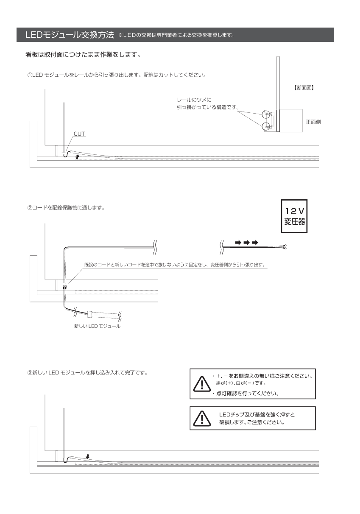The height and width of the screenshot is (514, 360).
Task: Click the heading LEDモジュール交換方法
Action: point(70,34)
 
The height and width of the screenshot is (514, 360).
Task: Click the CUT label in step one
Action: point(80,134)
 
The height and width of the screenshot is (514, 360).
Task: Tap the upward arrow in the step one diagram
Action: point(77,156)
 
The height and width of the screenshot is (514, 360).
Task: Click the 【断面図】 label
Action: point(304,88)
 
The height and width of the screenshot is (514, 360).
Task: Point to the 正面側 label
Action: point(313,122)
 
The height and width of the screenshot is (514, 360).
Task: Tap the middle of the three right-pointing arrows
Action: point(246,243)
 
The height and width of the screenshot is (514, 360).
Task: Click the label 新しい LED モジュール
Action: point(97,327)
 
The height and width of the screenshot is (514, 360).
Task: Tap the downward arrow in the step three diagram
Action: point(87,457)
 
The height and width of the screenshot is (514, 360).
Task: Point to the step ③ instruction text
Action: point(87,373)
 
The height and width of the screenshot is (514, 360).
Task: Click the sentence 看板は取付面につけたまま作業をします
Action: point(83,56)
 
